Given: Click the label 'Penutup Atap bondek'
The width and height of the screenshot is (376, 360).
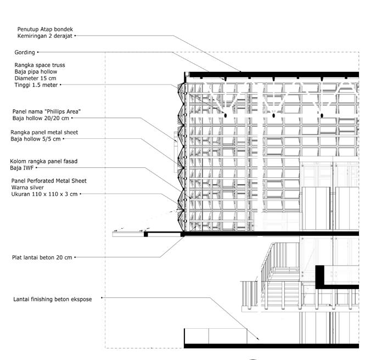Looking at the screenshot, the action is pyautogui.click(x=44, y=29).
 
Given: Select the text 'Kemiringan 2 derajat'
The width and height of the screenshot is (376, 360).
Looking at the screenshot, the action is pyautogui.click(x=44, y=36).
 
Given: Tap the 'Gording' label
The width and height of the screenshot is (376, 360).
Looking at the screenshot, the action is pyautogui.click(x=25, y=53).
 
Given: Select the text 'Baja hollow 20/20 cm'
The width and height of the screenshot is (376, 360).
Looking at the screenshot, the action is pyautogui.click(x=41, y=118).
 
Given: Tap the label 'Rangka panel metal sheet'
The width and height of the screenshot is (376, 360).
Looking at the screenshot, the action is pyautogui.click(x=44, y=132).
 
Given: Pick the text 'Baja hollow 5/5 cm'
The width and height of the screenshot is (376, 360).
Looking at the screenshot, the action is pyautogui.click(x=36, y=139).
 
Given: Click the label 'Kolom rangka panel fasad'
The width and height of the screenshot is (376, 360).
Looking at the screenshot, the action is pyautogui.click(x=44, y=161).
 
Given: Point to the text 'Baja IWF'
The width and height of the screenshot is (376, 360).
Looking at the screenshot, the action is pyautogui.click(x=24, y=168).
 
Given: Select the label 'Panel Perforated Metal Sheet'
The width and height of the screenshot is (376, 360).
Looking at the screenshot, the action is pyautogui.click(x=49, y=181).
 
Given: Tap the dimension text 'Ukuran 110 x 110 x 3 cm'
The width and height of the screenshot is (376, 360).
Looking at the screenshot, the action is pyautogui.click(x=44, y=194).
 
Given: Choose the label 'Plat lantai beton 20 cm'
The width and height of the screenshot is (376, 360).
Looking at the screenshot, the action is pyautogui.click(x=42, y=257).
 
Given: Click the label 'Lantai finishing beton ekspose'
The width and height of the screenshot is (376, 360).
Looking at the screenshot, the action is pyautogui.click(x=53, y=299).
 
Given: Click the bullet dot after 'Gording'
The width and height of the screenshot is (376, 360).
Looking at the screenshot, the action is pyautogui.click(x=38, y=53).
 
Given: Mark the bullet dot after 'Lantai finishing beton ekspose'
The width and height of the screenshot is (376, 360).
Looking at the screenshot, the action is pyautogui.click(x=102, y=299).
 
